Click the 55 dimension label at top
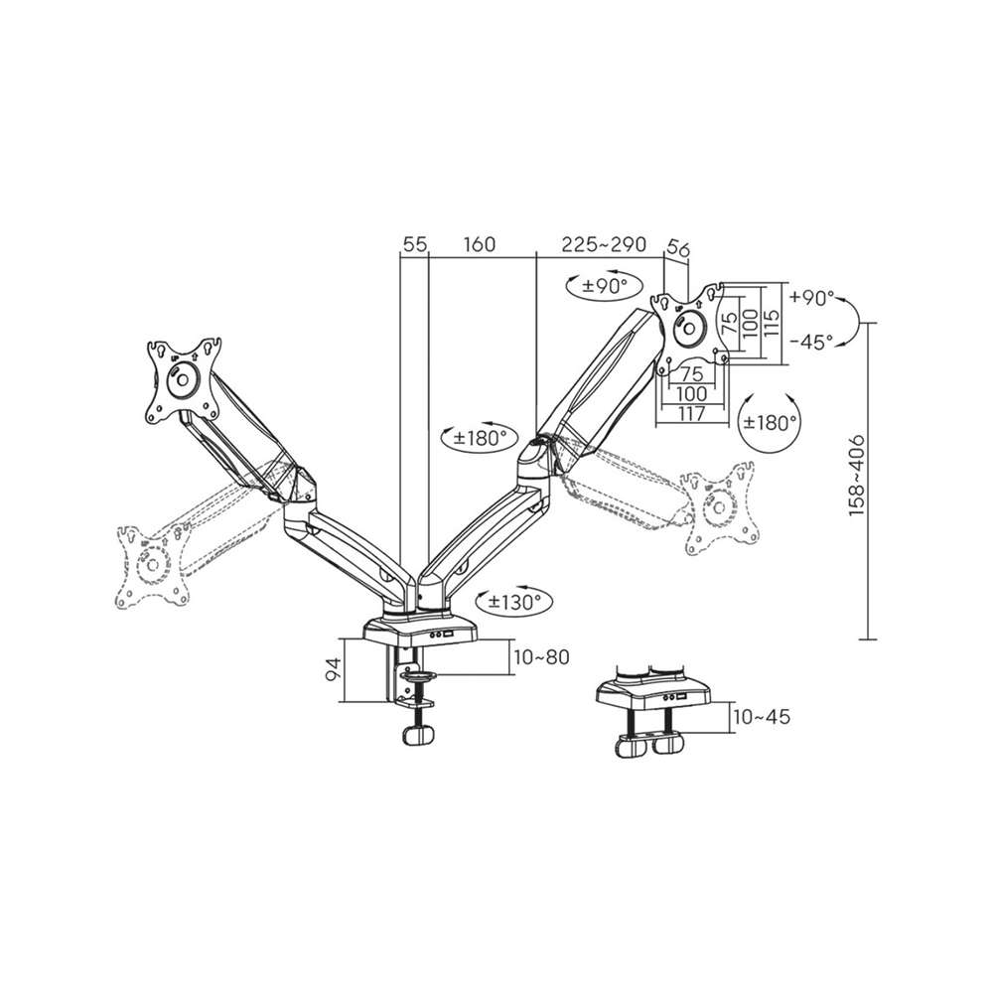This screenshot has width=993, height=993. click(415, 244)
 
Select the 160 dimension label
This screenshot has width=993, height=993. click(480, 244)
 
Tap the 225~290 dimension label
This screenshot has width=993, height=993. click(604, 244)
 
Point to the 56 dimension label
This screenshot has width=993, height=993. click(677, 249)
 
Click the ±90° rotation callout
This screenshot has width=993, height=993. click(604, 286)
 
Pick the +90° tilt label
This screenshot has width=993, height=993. click(812, 298)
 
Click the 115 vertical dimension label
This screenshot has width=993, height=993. click(771, 324)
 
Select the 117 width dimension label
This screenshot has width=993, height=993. click(691, 413)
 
